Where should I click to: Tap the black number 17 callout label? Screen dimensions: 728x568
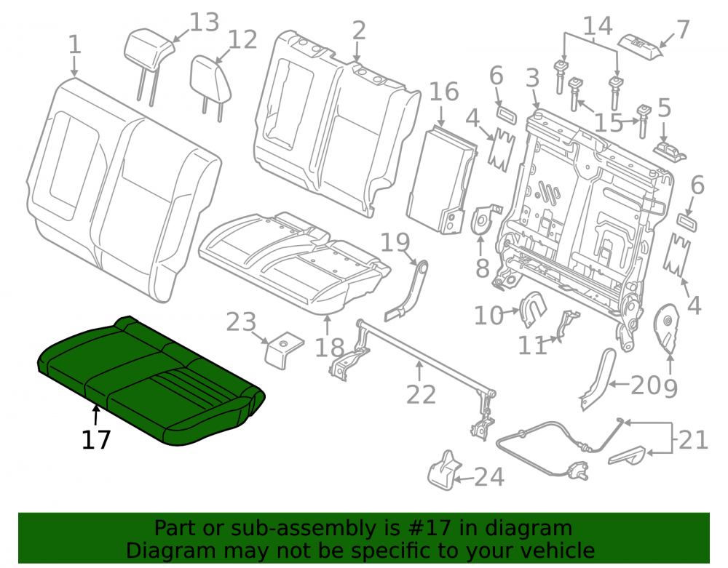click(96, 439)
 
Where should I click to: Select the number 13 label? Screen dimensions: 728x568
click(205, 23)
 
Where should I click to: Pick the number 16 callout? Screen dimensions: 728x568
click(444, 92)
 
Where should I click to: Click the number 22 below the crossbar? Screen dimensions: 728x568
click(421, 395)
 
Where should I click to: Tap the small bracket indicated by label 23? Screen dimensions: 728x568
click(284, 350)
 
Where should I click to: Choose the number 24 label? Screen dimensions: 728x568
click(489, 477)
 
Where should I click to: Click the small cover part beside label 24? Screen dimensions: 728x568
click(443, 470)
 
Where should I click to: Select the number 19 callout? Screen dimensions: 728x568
click(395, 242)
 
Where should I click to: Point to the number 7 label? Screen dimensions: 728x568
click(683, 29)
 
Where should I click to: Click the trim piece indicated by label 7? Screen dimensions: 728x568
click(641, 46)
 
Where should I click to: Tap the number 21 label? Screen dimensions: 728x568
click(694, 440)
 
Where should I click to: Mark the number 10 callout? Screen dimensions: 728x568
click(488, 316)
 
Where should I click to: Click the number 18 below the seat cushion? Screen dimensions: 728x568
click(330, 348)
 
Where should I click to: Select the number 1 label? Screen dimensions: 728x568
click(75, 45)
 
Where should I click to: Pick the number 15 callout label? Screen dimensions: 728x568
click(609, 124)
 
